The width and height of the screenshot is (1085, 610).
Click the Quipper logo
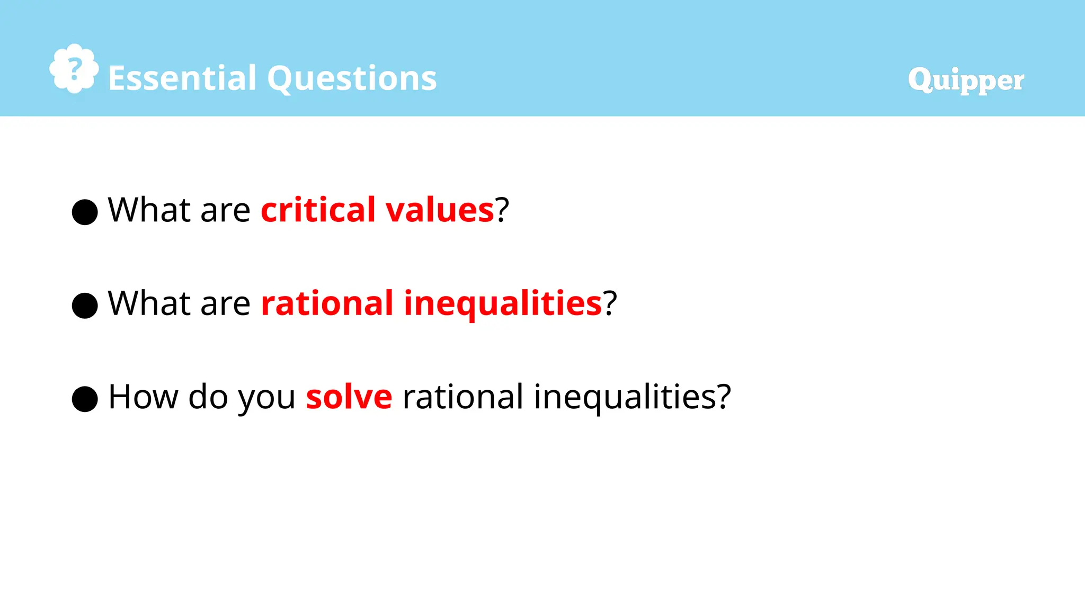[x=965, y=80]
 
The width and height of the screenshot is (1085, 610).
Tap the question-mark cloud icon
[x=74, y=69]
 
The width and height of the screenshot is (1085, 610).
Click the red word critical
[x=318, y=210]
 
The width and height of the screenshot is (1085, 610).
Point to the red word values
[x=440, y=210]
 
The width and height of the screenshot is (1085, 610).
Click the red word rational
[x=327, y=303]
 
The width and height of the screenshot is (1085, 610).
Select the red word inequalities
[x=503, y=304]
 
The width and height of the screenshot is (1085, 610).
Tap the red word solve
[x=349, y=397]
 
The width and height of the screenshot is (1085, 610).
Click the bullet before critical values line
[x=85, y=212]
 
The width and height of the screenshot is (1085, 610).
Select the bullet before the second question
[x=85, y=306]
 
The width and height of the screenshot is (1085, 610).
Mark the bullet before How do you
[x=85, y=399]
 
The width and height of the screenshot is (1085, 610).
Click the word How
[x=143, y=397]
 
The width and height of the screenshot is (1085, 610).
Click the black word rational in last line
[x=463, y=397]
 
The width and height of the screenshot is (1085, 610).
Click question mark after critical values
[x=502, y=210]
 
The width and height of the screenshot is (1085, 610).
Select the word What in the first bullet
[x=149, y=210]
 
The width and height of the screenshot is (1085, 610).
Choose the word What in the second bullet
[x=149, y=303]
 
